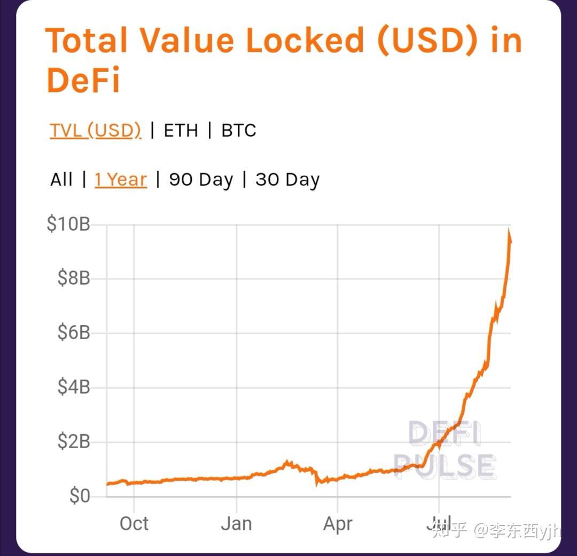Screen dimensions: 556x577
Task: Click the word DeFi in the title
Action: (83, 81)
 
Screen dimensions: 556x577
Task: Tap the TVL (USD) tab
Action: (96, 130)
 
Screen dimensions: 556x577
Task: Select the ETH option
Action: (181, 130)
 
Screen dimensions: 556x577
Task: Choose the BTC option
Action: (239, 130)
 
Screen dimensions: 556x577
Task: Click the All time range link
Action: (61, 179)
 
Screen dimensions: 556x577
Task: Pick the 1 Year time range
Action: (121, 179)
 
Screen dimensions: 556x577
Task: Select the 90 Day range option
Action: (201, 179)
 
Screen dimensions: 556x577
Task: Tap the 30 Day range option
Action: (287, 179)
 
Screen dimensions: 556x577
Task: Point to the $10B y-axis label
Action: (68, 224)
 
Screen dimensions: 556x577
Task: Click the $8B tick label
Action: (74, 278)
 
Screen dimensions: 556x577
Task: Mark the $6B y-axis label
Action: (74, 333)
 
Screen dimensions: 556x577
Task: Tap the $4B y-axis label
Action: (74, 387)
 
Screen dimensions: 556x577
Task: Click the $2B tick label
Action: (74, 442)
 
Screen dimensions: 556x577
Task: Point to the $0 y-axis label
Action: (80, 496)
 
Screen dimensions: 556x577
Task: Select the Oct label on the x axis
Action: (134, 523)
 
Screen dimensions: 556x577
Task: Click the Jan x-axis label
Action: (237, 523)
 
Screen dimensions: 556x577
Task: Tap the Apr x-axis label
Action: (338, 523)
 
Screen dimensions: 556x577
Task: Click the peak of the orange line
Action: (509, 231)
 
